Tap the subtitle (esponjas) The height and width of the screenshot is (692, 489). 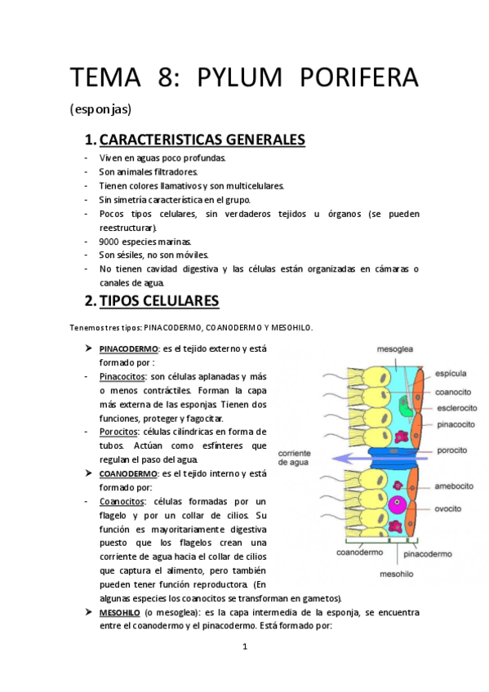[x=100, y=109]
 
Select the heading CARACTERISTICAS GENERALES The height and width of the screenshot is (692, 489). [x=202, y=140]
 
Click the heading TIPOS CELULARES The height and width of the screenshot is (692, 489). [x=158, y=301]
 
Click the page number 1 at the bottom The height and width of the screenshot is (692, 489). [x=245, y=647]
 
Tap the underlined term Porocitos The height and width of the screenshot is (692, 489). [x=118, y=431]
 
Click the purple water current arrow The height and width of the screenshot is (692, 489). [x=359, y=459]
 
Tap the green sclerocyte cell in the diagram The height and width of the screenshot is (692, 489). [x=402, y=405]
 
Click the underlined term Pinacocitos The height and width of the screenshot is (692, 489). [x=122, y=376]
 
